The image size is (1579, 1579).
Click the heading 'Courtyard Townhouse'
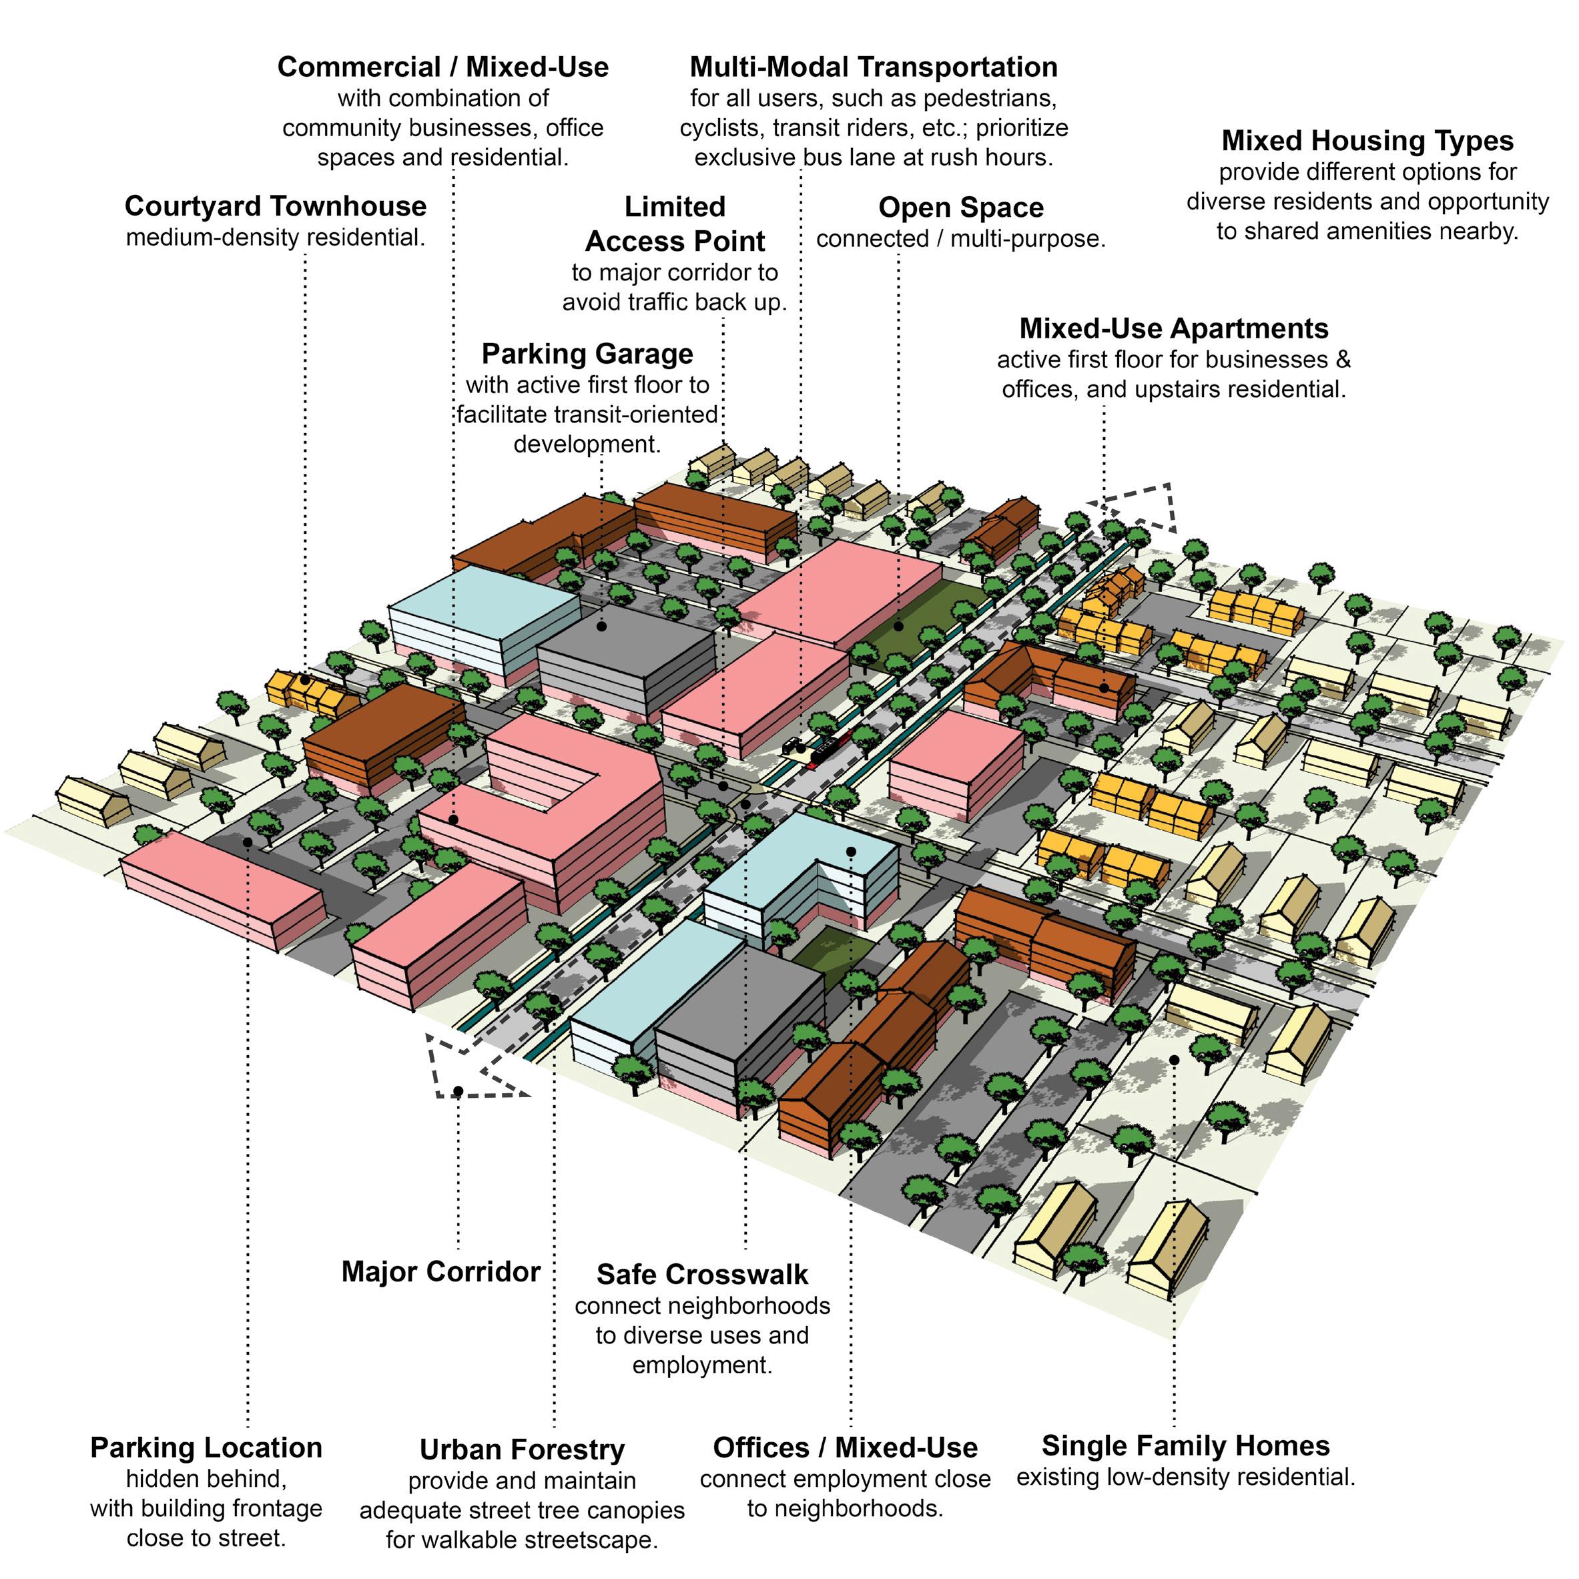point(276,206)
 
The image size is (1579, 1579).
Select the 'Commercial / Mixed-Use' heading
point(443,67)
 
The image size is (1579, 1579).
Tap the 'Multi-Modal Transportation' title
point(873,67)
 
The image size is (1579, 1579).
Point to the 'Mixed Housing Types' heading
point(1367,141)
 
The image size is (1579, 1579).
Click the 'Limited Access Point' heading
point(675,224)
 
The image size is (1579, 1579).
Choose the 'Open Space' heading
point(960,208)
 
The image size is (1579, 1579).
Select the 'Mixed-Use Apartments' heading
point(1174,328)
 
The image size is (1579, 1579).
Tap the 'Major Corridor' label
point(440,1272)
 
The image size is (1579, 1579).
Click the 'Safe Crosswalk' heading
point(702,1274)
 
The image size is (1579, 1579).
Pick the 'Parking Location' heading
point(206,1448)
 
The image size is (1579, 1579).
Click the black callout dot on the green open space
point(898,627)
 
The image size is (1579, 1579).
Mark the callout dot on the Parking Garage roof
point(601,627)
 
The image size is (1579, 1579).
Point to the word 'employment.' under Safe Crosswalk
point(702,1365)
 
